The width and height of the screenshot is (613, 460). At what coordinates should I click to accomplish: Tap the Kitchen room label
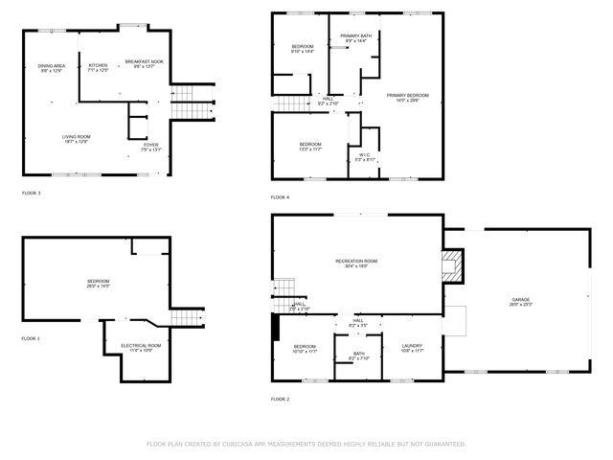pos(99,65)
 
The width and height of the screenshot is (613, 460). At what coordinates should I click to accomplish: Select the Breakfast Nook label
pos(145,62)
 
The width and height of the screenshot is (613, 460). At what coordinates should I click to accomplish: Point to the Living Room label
pos(76,137)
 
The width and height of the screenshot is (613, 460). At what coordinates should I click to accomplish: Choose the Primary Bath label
pos(356,35)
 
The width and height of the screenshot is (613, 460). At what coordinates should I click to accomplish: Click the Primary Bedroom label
pos(407,95)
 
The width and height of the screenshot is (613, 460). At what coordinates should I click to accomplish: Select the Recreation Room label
pos(356,261)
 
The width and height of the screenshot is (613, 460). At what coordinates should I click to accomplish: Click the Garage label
pos(520,300)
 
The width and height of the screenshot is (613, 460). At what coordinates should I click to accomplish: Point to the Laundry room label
pos(413,346)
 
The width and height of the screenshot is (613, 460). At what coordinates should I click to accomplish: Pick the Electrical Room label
pos(141,344)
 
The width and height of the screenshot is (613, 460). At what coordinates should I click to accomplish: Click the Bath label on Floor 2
pos(358,354)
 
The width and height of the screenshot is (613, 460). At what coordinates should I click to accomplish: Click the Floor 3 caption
pos(32,193)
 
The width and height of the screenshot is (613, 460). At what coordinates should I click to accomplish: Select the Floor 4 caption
pos(280,197)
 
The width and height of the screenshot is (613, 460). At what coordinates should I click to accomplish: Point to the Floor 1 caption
pos(32,338)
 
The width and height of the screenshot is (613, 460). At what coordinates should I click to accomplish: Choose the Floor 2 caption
pos(280,399)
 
